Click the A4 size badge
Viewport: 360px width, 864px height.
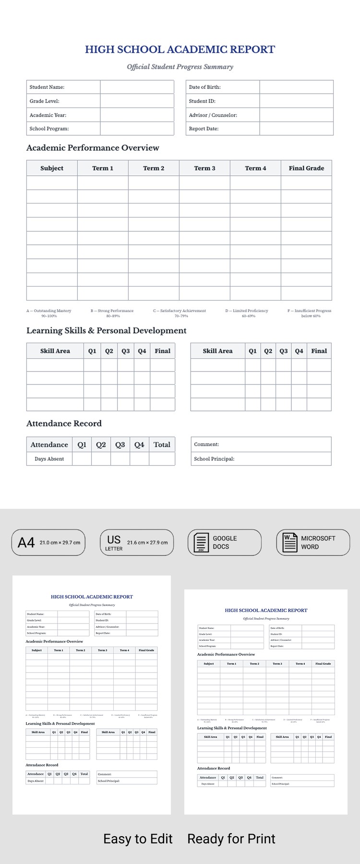click(48, 542)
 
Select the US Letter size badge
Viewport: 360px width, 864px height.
click(136, 542)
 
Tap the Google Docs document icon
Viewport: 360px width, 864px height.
click(201, 543)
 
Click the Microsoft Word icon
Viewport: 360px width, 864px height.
click(290, 543)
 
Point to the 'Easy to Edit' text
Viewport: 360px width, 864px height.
click(138, 839)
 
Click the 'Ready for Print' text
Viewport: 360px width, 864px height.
click(231, 839)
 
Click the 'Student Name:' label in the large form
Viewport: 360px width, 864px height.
click(47, 87)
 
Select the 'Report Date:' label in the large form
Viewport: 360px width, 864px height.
click(204, 129)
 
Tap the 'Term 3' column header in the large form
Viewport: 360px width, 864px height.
click(204, 168)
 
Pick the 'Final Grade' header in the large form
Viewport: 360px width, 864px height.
click(306, 168)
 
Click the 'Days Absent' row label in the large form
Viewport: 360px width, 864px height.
click(49, 459)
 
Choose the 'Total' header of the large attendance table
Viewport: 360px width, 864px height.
click(162, 444)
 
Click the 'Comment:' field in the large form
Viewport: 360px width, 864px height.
click(206, 444)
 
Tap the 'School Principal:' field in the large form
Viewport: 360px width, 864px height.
click(214, 459)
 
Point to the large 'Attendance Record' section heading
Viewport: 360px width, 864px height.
click(64, 423)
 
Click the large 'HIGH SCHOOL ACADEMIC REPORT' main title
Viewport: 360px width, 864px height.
click(180, 49)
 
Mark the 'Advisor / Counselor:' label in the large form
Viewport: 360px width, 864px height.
click(213, 115)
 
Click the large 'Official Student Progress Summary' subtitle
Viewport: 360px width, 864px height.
click(180, 67)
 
